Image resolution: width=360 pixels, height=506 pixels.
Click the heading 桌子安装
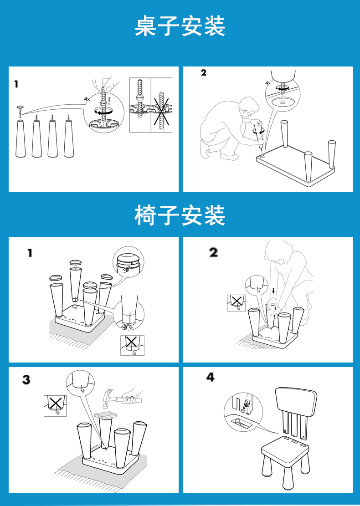click(x=180, y=26)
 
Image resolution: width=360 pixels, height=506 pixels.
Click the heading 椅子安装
click(x=180, y=215)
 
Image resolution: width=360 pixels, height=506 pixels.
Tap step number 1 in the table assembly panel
click(x=16, y=84)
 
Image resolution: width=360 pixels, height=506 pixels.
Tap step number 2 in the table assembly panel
click(x=203, y=72)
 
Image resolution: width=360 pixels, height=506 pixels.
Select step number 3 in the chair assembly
click(x=26, y=379)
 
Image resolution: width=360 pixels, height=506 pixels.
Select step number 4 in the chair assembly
click(x=210, y=377)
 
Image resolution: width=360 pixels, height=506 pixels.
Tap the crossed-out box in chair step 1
click(x=132, y=345)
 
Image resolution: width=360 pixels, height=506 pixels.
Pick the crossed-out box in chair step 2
click(x=237, y=303)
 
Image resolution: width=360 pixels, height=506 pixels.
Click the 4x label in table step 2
click(x=268, y=83)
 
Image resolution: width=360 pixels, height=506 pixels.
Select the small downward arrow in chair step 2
click(x=273, y=291)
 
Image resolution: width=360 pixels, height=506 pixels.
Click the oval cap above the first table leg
click(x=21, y=107)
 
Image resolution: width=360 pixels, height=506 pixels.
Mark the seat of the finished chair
click(x=284, y=445)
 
